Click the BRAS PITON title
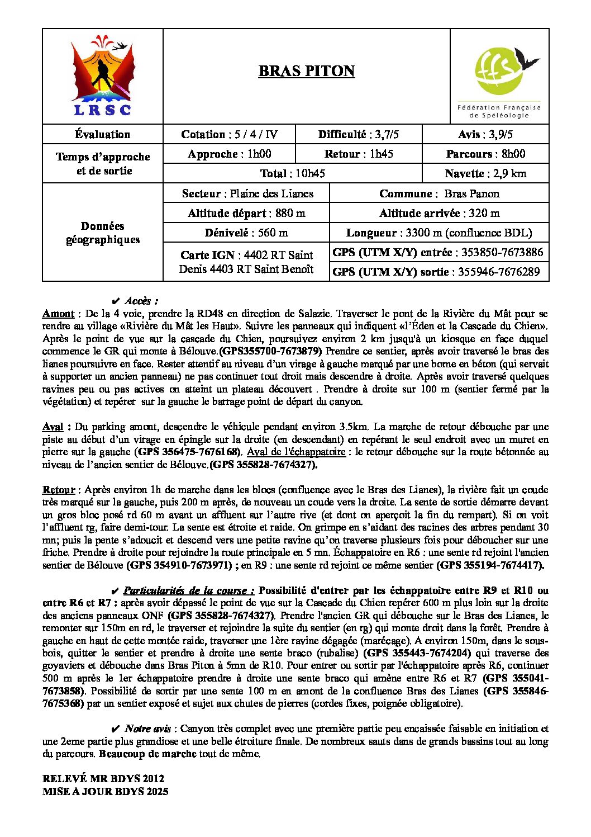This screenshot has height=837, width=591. (306, 71)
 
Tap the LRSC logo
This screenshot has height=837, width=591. (103, 76)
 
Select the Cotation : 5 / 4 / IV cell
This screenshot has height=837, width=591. (229, 134)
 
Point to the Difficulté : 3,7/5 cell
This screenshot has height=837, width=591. (359, 134)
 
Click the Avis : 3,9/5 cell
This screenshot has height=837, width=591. (485, 134)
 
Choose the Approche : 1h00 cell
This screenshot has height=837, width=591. (229, 154)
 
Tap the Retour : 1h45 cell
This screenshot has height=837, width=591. (359, 154)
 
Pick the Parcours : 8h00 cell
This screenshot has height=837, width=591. (485, 154)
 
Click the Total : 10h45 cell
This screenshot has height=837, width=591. (292, 173)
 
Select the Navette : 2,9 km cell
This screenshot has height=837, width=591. (485, 173)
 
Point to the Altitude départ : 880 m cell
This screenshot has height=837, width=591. (246, 213)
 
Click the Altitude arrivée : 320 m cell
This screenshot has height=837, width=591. (439, 213)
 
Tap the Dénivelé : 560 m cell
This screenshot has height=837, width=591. (246, 233)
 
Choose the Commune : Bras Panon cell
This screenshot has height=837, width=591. (439, 193)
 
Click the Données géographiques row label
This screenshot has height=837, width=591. (103, 233)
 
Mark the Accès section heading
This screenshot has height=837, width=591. (141, 301)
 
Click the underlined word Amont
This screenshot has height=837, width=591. (58, 314)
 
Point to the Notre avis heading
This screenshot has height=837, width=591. (147, 729)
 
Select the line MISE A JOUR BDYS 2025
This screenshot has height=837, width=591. (105, 791)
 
